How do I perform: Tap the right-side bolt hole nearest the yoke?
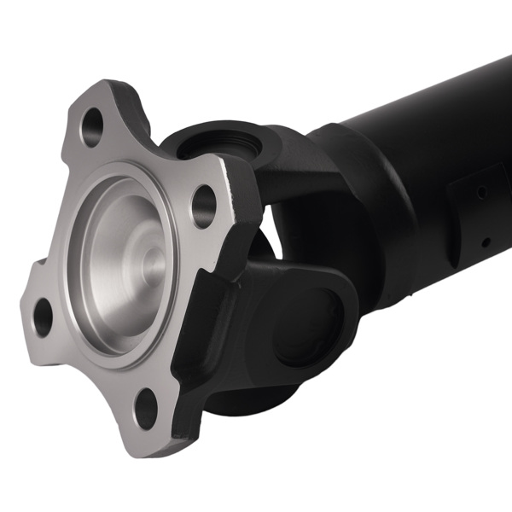point(203,204)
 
